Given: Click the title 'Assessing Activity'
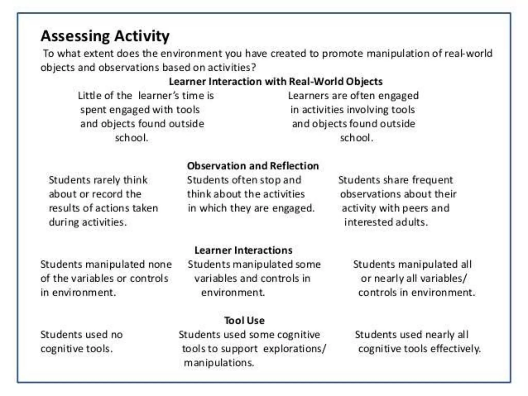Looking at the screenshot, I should [x=105, y=36].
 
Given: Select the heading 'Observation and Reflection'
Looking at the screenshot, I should [x=253, y=166].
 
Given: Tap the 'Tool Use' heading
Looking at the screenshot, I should [x=244, y=320].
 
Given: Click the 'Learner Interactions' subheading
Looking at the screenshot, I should [x=243, y=250].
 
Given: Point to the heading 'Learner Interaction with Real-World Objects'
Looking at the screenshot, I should [x=276, y=81].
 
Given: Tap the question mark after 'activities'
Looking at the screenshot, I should [x=254, y=68].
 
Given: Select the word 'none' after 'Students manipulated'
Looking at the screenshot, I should [x=160, y=264].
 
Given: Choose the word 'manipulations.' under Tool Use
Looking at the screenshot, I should [x=219, y=363].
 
